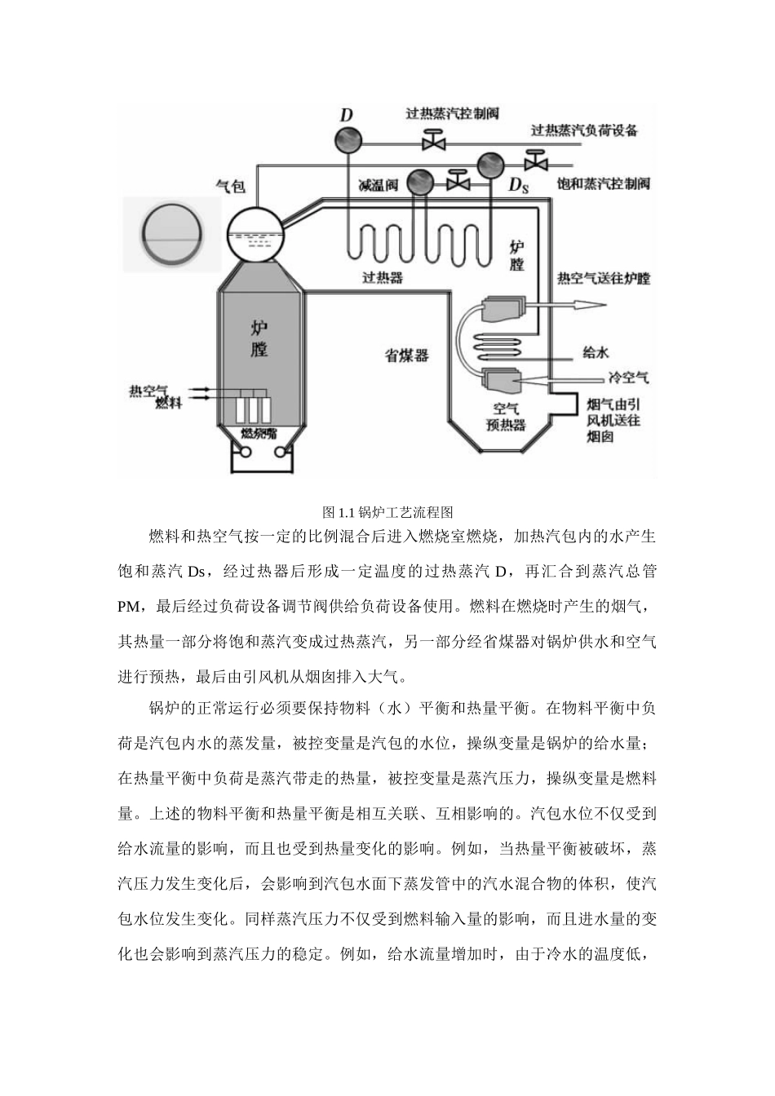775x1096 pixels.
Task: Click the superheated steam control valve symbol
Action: click(432, 142)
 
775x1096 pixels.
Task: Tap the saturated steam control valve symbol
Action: click(536, 159)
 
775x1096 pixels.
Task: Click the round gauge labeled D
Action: click(346, 140)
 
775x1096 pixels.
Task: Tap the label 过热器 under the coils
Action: click(383, 277)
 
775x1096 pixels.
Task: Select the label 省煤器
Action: click(408, 356)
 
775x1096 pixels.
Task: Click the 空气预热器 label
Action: click(506, 417)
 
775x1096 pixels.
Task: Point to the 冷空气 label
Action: click(629, 378)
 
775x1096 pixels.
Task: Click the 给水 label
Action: click(596, 353)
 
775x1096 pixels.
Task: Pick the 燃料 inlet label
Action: click(169, 404)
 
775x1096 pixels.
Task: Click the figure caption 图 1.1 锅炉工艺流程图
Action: click(387, 512)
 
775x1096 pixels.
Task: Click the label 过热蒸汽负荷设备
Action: click(584, 130)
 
